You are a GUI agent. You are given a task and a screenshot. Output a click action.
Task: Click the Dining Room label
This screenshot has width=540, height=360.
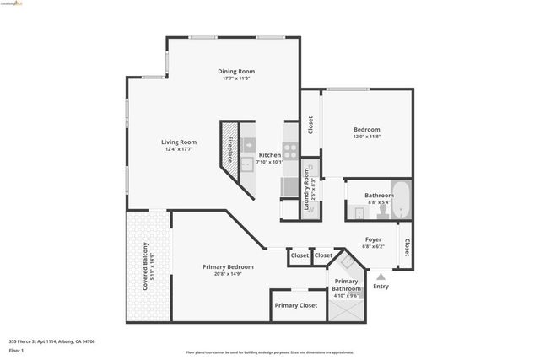237,72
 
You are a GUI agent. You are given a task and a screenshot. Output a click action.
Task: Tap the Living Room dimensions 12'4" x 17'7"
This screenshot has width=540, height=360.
179,149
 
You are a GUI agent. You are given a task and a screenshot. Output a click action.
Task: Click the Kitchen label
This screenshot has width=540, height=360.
270,155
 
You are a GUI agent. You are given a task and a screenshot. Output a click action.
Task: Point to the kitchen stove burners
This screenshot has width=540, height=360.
289,151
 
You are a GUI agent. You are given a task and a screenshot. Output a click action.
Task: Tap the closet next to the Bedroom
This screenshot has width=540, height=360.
310,125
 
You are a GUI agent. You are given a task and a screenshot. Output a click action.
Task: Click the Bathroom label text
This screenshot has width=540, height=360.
379,196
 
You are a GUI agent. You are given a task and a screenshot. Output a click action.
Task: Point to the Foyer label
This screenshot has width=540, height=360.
373,239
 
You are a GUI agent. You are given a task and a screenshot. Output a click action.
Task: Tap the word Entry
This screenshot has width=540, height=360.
381,286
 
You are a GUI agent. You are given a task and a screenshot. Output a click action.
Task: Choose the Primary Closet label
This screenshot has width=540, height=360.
296,305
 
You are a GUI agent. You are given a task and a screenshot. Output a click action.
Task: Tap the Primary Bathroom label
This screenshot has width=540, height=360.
346,285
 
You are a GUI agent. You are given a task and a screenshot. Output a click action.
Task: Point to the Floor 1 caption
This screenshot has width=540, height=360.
16,351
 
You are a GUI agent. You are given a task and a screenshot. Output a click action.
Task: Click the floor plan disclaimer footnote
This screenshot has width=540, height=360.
270,352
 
